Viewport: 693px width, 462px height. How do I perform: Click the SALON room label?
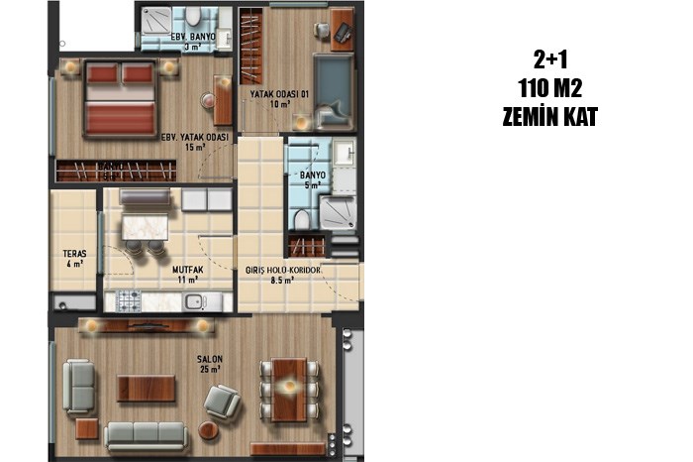click(x=210, y=359)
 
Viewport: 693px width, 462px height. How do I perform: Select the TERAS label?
click(x=74, y=254)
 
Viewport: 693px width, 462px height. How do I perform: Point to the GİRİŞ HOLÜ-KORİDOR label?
click(x=283, y=270)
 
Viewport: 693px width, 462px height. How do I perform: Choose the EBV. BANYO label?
click(x=193, y=37)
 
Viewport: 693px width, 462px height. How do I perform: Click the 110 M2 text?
click(x=549, y=88)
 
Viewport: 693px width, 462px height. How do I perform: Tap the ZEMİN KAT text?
click(x=549, y=117)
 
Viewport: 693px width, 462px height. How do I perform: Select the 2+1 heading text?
click(x=549, y=59)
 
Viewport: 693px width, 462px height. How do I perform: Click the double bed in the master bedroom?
click(x=120, y=99)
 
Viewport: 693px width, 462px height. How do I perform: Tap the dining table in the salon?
click(x=289, y=390)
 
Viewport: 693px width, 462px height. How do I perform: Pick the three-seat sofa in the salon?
click(x=146, y=436)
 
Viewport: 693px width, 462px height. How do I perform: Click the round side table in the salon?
click(x=208, y=430)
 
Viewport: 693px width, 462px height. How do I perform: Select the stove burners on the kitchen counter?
click(x=128, y=301)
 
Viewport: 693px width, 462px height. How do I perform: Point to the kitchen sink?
click(x=195, y=301)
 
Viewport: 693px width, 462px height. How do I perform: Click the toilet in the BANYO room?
click(x=302, y=220)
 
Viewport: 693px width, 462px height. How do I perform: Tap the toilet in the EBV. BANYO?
click(x=193, y=17)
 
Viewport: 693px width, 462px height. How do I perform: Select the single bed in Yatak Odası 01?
click(x=334, y=91)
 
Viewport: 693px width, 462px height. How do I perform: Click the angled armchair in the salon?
click(x=223, y=402)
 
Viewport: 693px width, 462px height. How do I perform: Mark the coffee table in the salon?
click(x=146, y=389)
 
